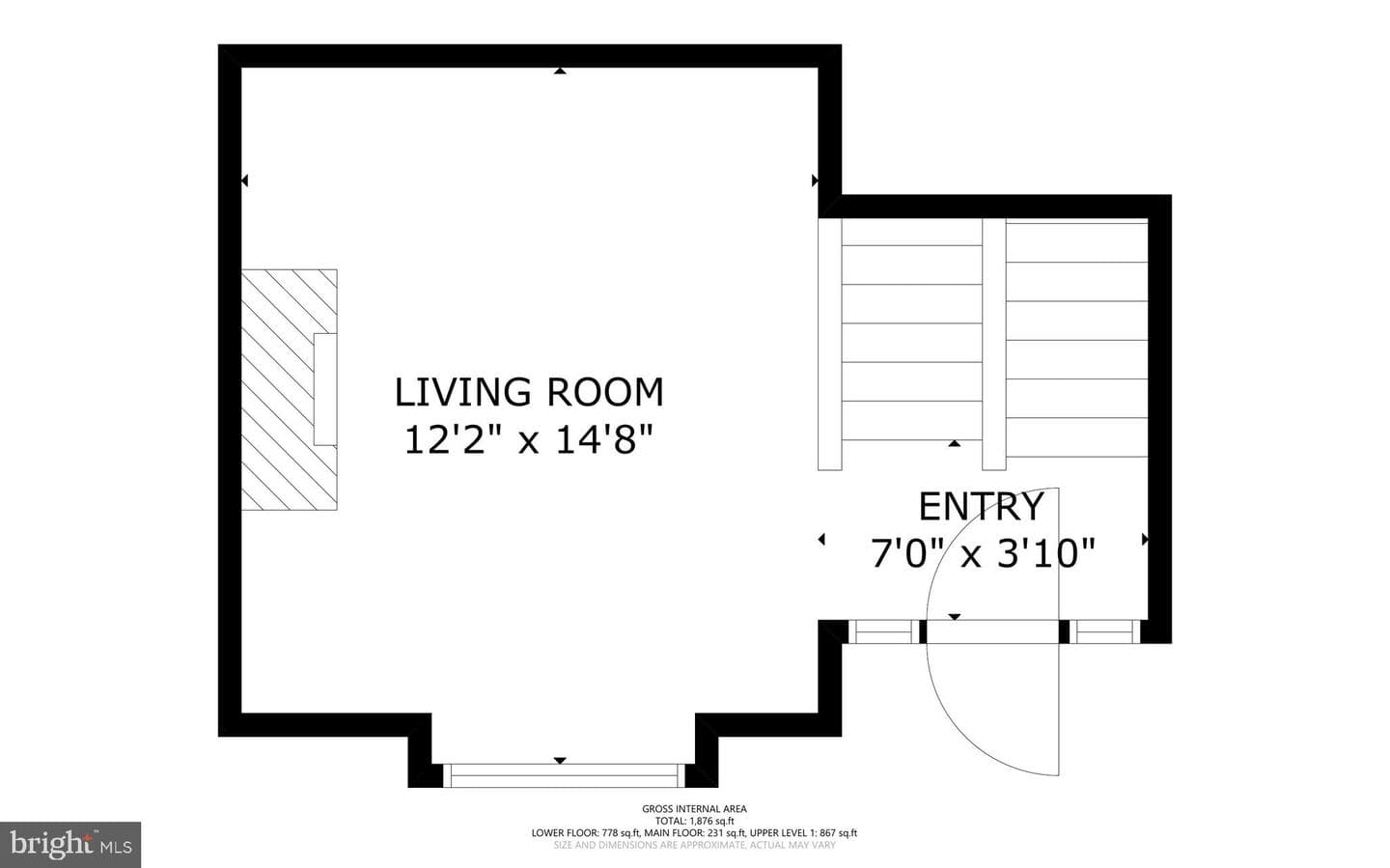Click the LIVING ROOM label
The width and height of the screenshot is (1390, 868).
coord(529,392)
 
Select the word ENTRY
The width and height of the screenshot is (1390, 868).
coord(981,507)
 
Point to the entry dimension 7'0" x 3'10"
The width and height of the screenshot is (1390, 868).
coord(983,552)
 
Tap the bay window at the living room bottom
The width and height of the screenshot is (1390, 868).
coord(564,775)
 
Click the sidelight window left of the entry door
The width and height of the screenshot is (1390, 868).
coord(883,631)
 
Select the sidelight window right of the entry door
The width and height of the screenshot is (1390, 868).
coord(1104,631)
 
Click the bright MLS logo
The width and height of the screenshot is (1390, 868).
coord(70,845)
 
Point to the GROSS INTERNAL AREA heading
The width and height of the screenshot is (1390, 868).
coord(694,808)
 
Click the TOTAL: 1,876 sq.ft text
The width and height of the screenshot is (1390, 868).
coord(694,821)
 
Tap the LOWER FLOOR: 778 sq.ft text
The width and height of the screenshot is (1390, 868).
coord(586,833)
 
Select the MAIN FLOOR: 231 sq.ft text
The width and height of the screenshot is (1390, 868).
coord(695,833)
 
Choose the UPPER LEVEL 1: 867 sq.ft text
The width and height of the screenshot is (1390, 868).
coord(803,833)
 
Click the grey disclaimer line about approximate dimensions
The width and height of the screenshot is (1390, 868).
coord(694,845)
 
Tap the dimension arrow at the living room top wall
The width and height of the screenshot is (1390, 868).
coord(560,70)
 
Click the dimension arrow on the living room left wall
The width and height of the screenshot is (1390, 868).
coord(244,181)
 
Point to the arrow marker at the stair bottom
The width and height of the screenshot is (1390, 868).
coord(955,443)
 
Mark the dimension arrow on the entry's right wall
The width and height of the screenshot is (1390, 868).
coord(1146,540)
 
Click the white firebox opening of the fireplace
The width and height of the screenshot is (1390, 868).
coord(325,389)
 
